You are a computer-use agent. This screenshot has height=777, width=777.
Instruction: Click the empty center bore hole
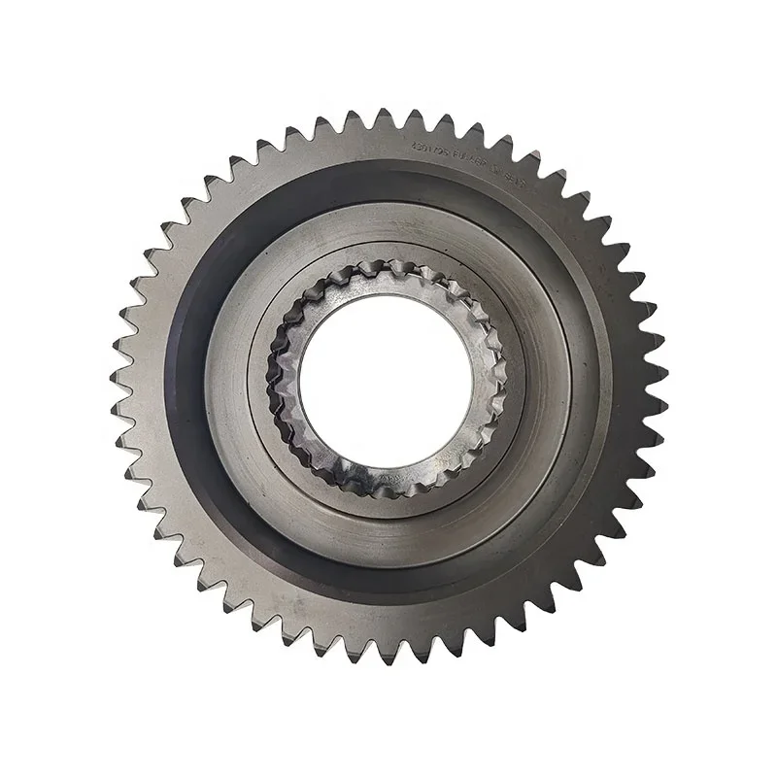click(386, 380)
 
